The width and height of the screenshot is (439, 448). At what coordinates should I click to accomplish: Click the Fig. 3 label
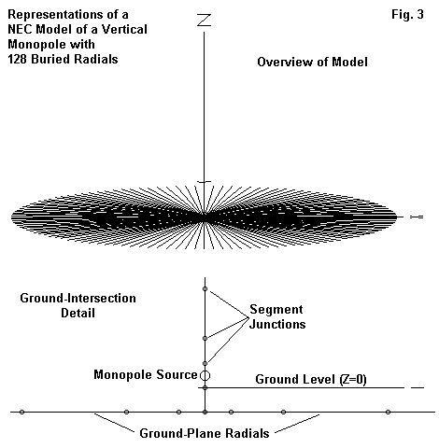[x=407, y=15]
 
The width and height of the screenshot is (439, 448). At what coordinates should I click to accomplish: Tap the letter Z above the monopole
[x=205, y=21]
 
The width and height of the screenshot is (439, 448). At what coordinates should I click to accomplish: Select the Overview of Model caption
[x=312, y=62]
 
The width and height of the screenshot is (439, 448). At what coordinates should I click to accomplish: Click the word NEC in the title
[x=20, y=29]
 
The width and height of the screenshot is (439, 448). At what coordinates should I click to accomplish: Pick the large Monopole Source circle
[x=205, y=375]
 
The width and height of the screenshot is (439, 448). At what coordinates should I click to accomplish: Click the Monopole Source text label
[x=146, y=374]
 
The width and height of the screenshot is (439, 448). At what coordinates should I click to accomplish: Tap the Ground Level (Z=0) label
[x=311, y=380]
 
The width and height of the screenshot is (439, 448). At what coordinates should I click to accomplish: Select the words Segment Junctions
[x=277, y=316]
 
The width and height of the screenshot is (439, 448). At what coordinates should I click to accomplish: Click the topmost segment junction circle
[x=205, y=289]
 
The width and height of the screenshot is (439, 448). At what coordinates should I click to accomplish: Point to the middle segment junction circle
[x=205, y=338]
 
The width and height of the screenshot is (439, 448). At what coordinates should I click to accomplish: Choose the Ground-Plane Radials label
[x=205, y=433]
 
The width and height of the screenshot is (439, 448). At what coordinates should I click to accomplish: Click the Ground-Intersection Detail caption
[x=78, y=305]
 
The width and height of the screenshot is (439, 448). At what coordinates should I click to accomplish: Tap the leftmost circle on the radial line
[x=21, y=413]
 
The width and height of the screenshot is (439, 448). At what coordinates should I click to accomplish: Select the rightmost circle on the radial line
[x=388, y=413]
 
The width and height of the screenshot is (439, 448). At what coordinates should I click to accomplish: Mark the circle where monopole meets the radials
[x=205, y=413]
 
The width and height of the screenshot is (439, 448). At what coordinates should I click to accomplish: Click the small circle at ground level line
[x=205, y=388]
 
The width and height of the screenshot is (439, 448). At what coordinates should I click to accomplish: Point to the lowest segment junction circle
[x=205, y=363]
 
